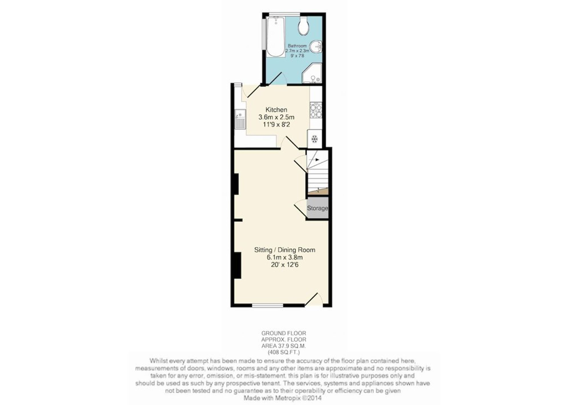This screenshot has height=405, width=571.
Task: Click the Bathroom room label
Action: [297, 46]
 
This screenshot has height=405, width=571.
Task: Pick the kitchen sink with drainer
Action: [40, 119]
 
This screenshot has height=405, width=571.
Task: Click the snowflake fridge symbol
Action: [314, 139]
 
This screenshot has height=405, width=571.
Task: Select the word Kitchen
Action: [276, 110]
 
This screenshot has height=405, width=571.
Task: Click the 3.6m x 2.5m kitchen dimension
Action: [276, 117]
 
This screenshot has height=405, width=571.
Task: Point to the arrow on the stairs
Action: [314, 160]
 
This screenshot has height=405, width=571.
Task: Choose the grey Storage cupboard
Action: [317, 208]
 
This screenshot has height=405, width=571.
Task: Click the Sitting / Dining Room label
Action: [285, 250]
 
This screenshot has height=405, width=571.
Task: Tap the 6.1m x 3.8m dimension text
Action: [285, 257]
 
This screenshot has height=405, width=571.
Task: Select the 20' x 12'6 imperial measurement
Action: [285, 265]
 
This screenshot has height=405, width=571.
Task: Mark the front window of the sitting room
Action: [268, 306]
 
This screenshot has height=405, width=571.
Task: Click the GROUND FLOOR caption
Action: [284, 333]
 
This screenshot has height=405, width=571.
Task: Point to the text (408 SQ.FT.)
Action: [284, 352]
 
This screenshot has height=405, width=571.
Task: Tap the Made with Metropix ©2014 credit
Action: [282, 398]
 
